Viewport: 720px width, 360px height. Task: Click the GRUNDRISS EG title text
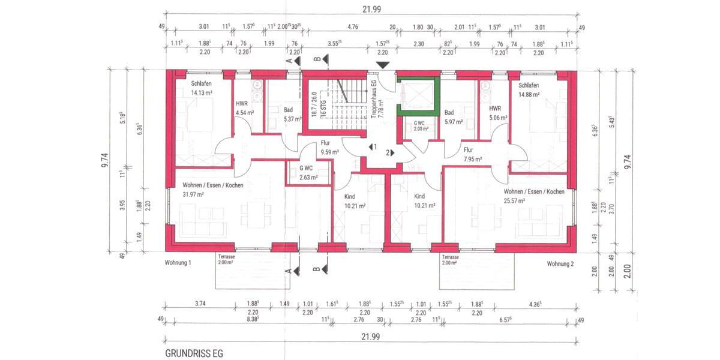[x=193, y=353]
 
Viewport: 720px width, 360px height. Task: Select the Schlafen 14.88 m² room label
[x=529, y=89]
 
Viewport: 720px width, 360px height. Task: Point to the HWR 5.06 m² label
[x=496, y=113]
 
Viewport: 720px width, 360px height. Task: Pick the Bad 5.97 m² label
[x=452, y=117]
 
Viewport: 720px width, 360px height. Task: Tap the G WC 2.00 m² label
[x=419, y=125]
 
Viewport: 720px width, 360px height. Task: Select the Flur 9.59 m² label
[x=329, y=148]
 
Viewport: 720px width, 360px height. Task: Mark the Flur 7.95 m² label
[x=472, y=155]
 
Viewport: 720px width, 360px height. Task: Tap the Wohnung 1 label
[x=178, y=263]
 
